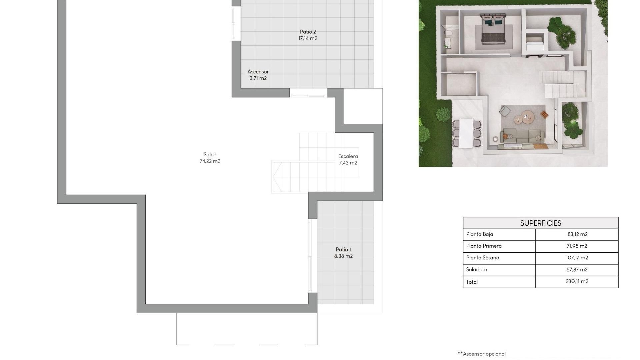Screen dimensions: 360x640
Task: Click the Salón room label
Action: click(210, 155)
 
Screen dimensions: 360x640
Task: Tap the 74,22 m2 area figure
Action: click(210, 161)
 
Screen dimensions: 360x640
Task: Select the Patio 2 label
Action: click(308, 32)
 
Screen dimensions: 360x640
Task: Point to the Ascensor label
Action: click(258, 72)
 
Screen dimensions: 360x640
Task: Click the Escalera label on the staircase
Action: click(348, 156)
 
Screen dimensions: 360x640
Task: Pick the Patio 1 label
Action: click(343, 250)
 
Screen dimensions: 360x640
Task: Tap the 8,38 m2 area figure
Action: click(343, 256)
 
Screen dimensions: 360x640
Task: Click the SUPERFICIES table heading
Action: click(540, 223)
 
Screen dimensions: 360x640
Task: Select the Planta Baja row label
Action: click(479, 234)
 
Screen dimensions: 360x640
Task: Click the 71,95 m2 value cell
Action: click(577, 246)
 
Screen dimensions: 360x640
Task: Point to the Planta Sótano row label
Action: click(482, 258)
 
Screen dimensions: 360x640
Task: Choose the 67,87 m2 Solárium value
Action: click(577, 270)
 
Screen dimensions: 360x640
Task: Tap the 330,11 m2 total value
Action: click(577, 282)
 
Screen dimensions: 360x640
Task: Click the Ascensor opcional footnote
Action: click(482, 354)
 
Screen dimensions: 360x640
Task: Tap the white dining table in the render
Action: click(466, 133)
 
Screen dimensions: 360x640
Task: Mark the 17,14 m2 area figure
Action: click(308, 39)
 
